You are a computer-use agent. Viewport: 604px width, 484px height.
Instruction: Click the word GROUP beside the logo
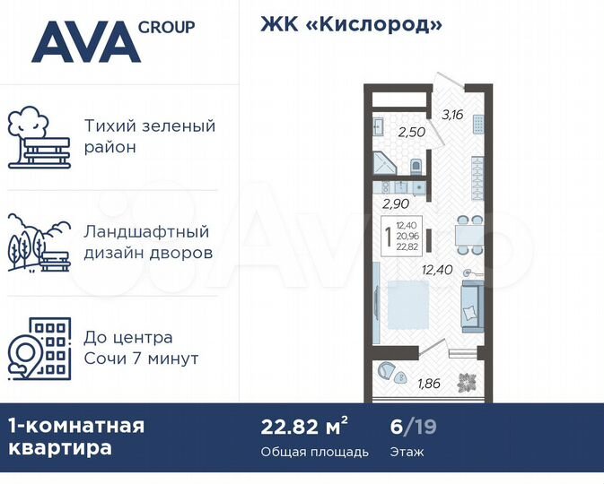pos(167,26)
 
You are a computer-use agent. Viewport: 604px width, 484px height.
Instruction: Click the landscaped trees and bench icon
pos(39,241)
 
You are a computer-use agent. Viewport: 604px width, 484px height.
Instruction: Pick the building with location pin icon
pos(39,348)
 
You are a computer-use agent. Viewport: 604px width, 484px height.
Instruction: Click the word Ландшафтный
pos(146,232)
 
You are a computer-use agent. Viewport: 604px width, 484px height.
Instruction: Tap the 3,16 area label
pos(451,114)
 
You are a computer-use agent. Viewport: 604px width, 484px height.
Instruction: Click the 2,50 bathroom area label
pos(411,132)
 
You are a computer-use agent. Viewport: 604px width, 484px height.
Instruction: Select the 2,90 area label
pos(396,203)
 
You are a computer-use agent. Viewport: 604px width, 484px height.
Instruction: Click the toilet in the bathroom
pos(416,167)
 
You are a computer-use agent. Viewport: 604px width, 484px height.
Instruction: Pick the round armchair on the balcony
pos(390,370)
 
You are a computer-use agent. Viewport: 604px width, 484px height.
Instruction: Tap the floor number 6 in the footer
pos(398,425)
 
